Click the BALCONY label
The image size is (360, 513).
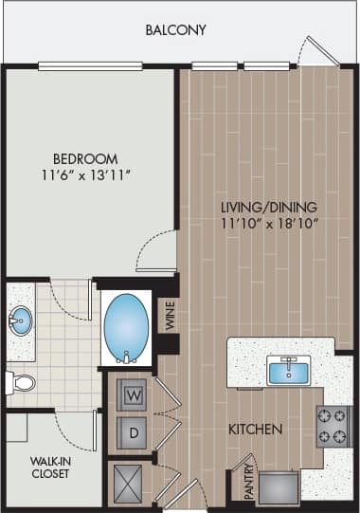pos(175,30)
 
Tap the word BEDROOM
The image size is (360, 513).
pos(85,158)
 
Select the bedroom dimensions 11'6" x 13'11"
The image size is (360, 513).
pos(85,175)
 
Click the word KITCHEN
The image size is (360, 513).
pos(255,430)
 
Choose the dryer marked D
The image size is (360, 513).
pos(132,431)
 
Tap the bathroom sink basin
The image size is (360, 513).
pos(19,321)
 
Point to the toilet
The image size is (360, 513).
pos(20,383)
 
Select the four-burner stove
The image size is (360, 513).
pos(334,426)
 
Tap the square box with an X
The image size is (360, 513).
pos(128,484)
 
